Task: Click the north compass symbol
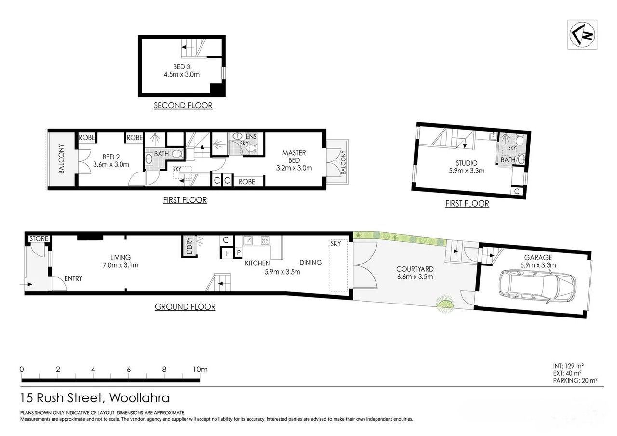(x=582, y=35)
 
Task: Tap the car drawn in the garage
(x=537, y=287)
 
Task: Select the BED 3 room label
(x=182, y=66)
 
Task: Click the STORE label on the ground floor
(x=39, y=238)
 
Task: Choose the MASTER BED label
(x=294, y=157)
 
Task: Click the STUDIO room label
(x=466, y=163)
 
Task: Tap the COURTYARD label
(x=415, y=269)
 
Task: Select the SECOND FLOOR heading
(x=183, y=106)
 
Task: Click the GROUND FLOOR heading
(x=185, y=306)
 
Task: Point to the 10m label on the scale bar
(x=200, y=369)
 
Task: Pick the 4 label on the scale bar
(x=93, y=369)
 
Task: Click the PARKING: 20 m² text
(x=575, y=381)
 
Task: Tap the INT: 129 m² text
(x=568, y=366)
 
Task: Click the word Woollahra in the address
(x=139, y=398)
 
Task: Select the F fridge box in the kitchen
(x=227, y=253)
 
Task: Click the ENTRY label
(x=73, y=278)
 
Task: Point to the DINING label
(x=310, y=263)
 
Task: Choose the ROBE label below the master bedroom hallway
(x=247, y=182)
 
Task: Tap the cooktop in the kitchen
(x=265, y=240)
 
